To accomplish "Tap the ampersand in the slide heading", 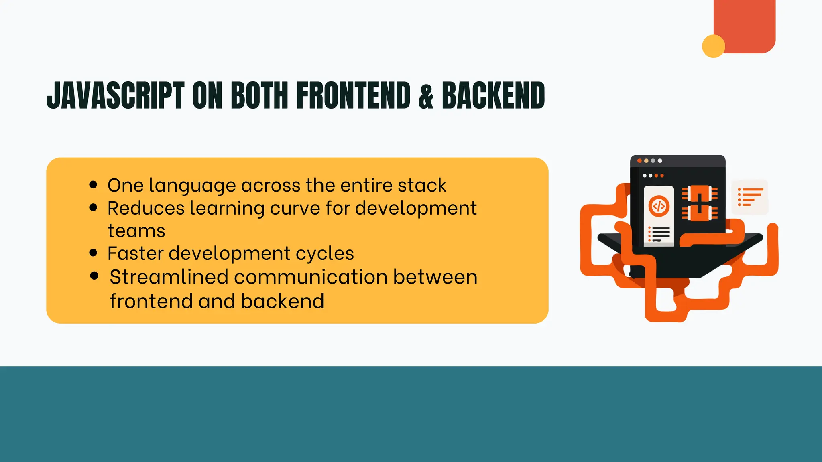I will (x=426, y=96).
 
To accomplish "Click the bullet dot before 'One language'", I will (x=94, y=185).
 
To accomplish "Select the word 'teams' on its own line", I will (x=136, y=231).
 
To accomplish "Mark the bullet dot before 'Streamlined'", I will (x=94, y=276).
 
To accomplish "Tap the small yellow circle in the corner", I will (x=713, y=46).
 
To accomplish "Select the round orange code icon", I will (x=659, y=206).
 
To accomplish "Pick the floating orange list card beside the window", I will (x=750, y=197).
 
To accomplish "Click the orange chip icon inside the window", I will (x=700, y=203).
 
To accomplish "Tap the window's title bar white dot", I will (x=660, y=161).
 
